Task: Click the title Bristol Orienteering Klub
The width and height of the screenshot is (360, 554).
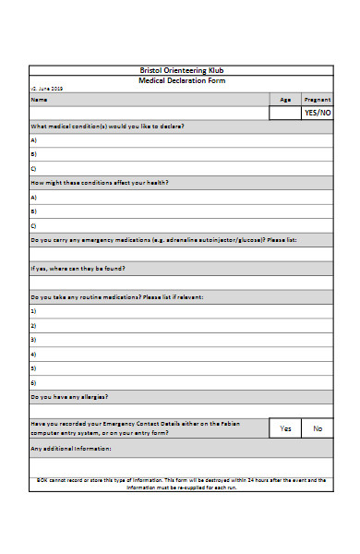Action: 180,70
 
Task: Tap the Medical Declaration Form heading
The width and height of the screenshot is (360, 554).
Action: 180,80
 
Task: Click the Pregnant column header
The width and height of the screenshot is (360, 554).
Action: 317,99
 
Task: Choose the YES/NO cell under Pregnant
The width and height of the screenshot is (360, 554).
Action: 317,113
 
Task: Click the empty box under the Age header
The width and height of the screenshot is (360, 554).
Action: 284,113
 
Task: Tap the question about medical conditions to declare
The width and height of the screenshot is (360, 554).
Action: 107,126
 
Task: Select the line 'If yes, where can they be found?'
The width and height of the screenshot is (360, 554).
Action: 78,269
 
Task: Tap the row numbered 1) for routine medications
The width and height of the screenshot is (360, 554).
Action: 33,311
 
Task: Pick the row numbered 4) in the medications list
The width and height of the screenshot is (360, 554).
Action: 33,354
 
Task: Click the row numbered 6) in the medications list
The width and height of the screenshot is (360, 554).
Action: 33,382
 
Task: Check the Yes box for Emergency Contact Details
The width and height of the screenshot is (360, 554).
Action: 285,428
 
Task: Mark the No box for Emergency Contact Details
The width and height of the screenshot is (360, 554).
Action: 318,428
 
